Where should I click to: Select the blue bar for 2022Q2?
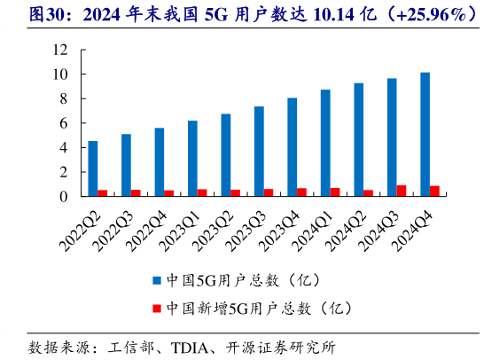click(x=93, y=168)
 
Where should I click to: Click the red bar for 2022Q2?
click(x=103, y=193)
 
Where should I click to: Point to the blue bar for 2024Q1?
click(x=325, y=143)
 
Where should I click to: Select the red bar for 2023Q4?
click(x=302, y=192)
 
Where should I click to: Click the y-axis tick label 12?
click(x=61, y=51)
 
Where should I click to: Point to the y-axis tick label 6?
click(x=65, y=123)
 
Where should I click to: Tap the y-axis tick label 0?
click(x=65, y=197)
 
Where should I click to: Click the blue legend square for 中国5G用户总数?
click(x=155, y=280)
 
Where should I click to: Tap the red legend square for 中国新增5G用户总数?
click(x=155, y=308)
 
